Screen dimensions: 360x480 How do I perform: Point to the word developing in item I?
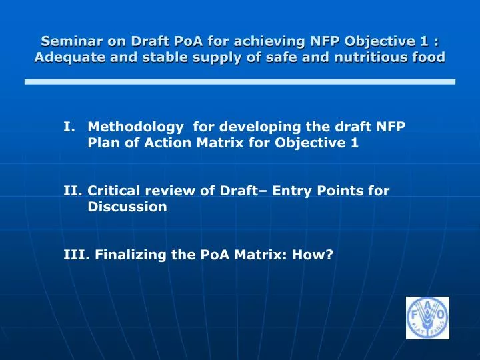click(x=252, y=126)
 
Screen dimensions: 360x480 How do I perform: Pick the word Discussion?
click(x=127, y=207)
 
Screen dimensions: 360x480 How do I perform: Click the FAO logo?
click(x=427, y=317)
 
